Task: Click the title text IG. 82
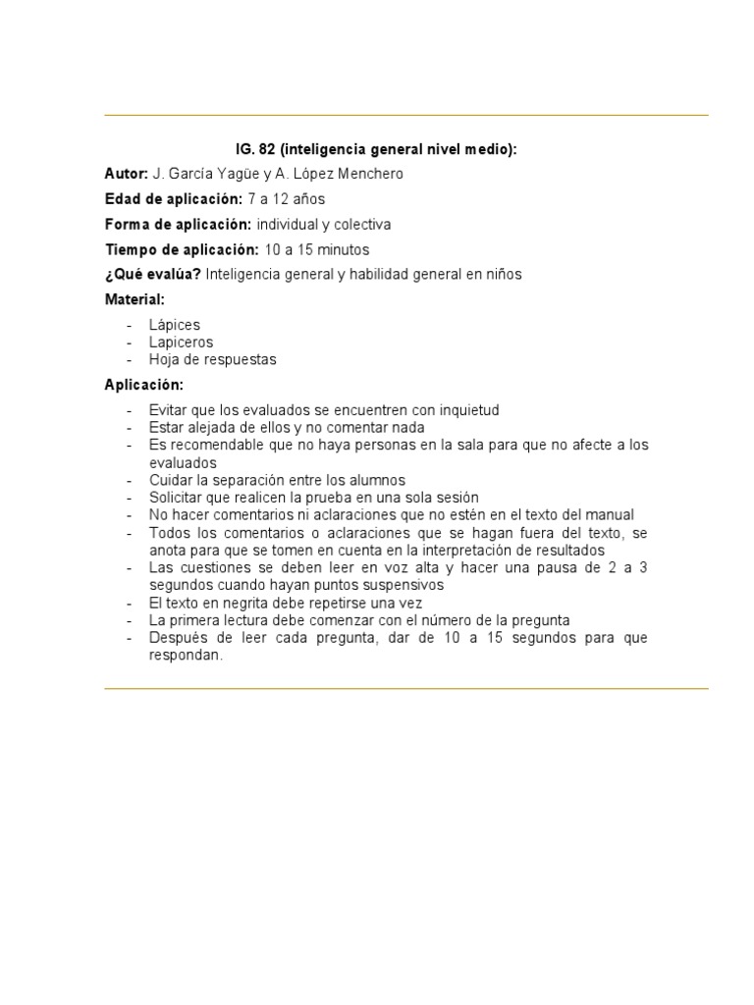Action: [x=255, y=150]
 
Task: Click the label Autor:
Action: [x=126, y=174]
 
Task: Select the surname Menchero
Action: [x=367, y=174]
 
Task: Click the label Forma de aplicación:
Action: [x=178, y=224]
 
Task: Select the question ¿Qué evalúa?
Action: [x=153, y=274]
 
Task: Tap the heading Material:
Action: [x=135, y=298]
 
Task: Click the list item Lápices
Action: [x=175, y=324]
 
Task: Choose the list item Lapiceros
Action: [x=181, y=342]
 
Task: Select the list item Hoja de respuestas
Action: [x=212, y=359]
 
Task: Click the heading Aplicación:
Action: [x=143, y=384]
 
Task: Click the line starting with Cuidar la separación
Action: [x=277, y=480]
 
